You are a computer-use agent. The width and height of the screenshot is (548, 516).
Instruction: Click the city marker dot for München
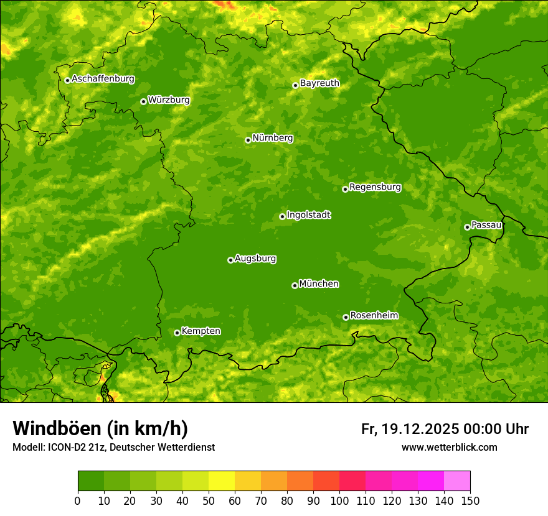point(295,285)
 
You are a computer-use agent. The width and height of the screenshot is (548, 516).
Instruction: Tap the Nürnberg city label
point(272,138)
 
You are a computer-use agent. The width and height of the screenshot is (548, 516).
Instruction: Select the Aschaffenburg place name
point(103,79)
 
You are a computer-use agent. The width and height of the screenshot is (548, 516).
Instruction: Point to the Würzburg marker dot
point(143,101)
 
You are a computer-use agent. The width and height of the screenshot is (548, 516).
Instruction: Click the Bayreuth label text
point(319,83)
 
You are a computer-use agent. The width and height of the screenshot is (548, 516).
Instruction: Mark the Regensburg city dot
point(345,189)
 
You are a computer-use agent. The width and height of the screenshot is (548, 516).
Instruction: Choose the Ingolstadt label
point(308,215)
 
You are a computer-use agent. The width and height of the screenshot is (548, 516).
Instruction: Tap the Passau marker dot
point(467,227)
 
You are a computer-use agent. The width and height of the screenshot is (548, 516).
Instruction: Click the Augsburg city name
point(255,259)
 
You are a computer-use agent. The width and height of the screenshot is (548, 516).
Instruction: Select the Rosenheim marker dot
point(346,317)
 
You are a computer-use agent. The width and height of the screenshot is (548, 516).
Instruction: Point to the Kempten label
point(201,331)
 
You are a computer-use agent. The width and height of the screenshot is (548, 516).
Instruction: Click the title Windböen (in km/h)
point(100,428)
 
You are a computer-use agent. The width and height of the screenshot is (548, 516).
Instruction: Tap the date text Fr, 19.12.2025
point(410,429)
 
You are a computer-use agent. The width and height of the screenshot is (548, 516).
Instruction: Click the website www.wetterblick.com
point(449,448)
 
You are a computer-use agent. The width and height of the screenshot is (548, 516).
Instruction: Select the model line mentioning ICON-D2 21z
point(113,448)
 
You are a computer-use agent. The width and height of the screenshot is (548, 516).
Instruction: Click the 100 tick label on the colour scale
point(339,500)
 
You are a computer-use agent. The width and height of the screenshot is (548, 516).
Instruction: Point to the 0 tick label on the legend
point(78,500)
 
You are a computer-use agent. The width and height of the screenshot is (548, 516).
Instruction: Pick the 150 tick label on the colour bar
point(470,500)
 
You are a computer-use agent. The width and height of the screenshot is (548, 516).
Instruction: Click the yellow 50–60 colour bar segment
point(222,481)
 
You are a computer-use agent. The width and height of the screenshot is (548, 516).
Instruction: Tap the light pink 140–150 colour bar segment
point(457,481)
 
